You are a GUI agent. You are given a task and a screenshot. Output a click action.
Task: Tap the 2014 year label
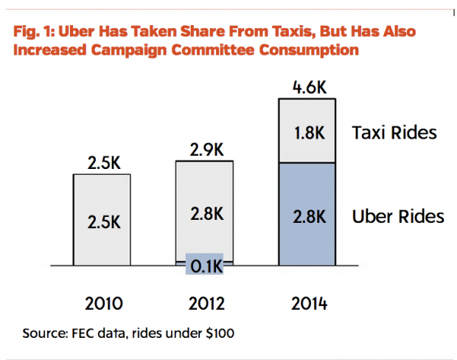[x=307, y=303]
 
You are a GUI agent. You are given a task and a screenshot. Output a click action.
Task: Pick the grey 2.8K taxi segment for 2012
[x=204, y=214]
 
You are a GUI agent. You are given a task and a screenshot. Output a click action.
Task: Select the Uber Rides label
[x=399, y=216]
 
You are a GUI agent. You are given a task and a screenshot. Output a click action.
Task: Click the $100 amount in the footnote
[x=219, y=333]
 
